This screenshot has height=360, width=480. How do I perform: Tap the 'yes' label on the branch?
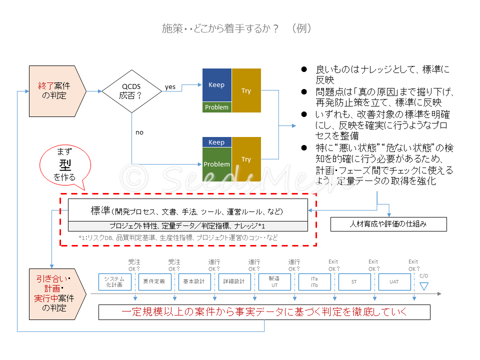click(170, 86)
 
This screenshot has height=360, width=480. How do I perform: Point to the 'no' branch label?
click(139, 132)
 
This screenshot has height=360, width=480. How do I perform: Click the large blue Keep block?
click(216, 85)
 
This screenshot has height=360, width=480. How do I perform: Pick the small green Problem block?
click(216, 107)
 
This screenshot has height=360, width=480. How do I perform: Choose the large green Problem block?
click(216, 164)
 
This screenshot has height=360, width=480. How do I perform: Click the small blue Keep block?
click(216, 142)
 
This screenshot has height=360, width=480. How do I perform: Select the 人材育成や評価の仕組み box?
click(388, 224)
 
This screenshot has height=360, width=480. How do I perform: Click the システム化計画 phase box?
click(114, 281)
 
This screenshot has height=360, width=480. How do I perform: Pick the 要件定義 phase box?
click(154, 281)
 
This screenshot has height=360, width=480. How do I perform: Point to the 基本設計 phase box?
click(194, 281)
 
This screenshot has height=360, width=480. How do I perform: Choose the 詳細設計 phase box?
click(234, 281)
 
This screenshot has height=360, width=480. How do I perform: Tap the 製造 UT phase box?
click(274, 281)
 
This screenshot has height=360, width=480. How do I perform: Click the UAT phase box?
click(394, 281)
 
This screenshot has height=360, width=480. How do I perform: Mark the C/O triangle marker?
click(424, 286)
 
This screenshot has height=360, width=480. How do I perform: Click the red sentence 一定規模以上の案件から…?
click(264, 312)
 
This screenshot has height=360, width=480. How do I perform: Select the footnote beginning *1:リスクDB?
click(178, 237)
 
